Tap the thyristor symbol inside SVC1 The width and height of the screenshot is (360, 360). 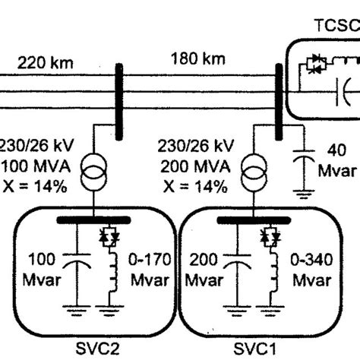[268, 237]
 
